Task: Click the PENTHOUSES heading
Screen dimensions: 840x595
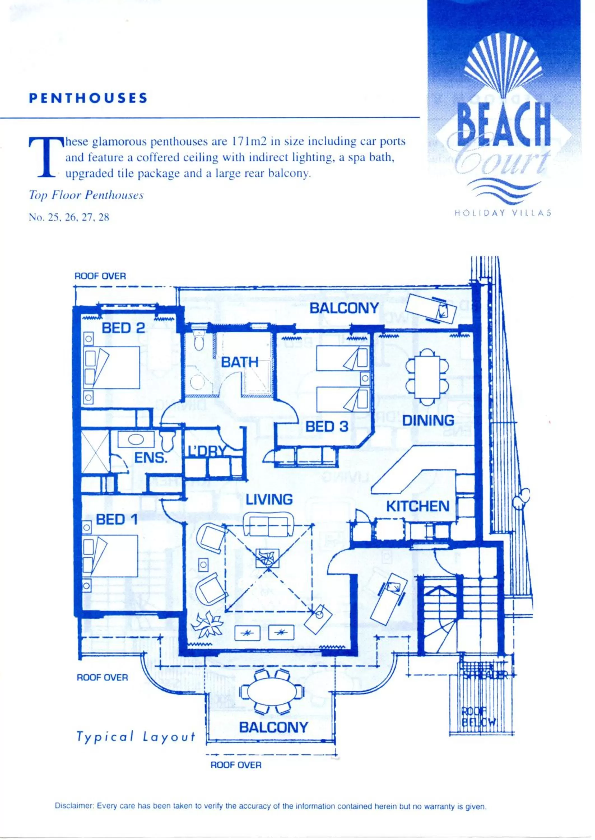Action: click(88, 98)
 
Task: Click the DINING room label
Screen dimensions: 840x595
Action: click(428, 420)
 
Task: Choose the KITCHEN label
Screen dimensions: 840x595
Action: click(418, 507)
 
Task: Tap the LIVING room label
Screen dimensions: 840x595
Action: click(269, 500)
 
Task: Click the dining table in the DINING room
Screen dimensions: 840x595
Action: click(427, 377)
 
